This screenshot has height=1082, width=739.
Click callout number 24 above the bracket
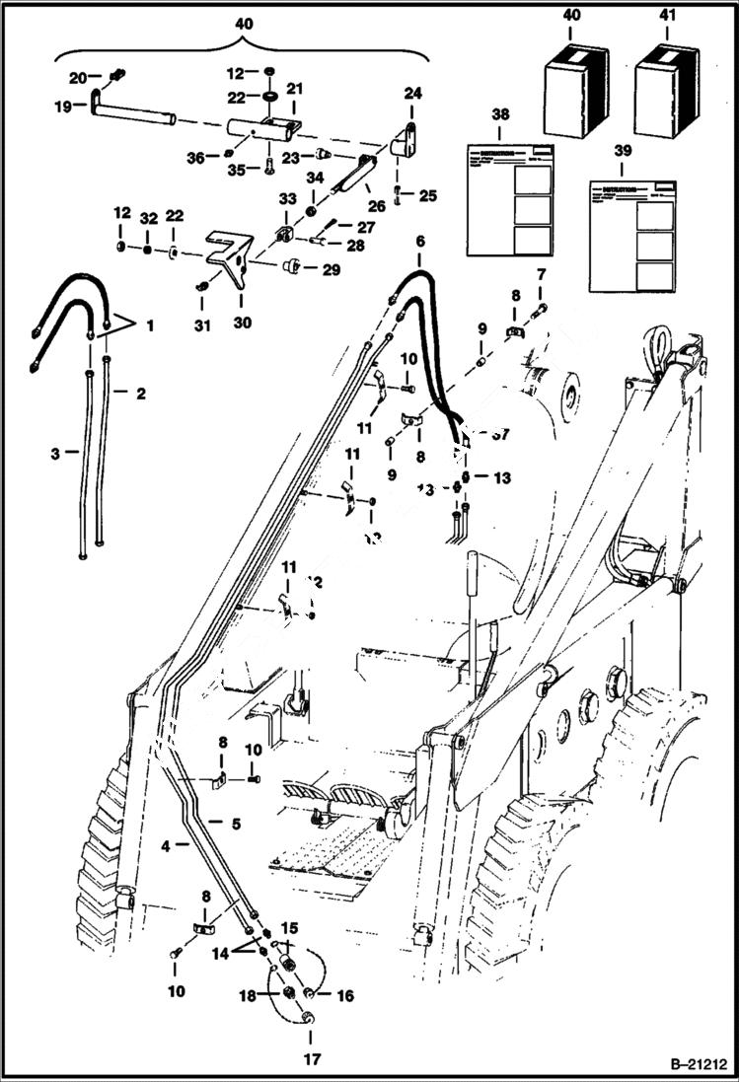click(411, 94)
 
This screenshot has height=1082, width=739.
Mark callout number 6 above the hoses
click(419, 241)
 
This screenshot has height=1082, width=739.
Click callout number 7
click(540, 272)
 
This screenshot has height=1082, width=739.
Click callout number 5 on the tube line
click(236, 823)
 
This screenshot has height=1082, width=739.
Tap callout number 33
click(288, 198)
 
